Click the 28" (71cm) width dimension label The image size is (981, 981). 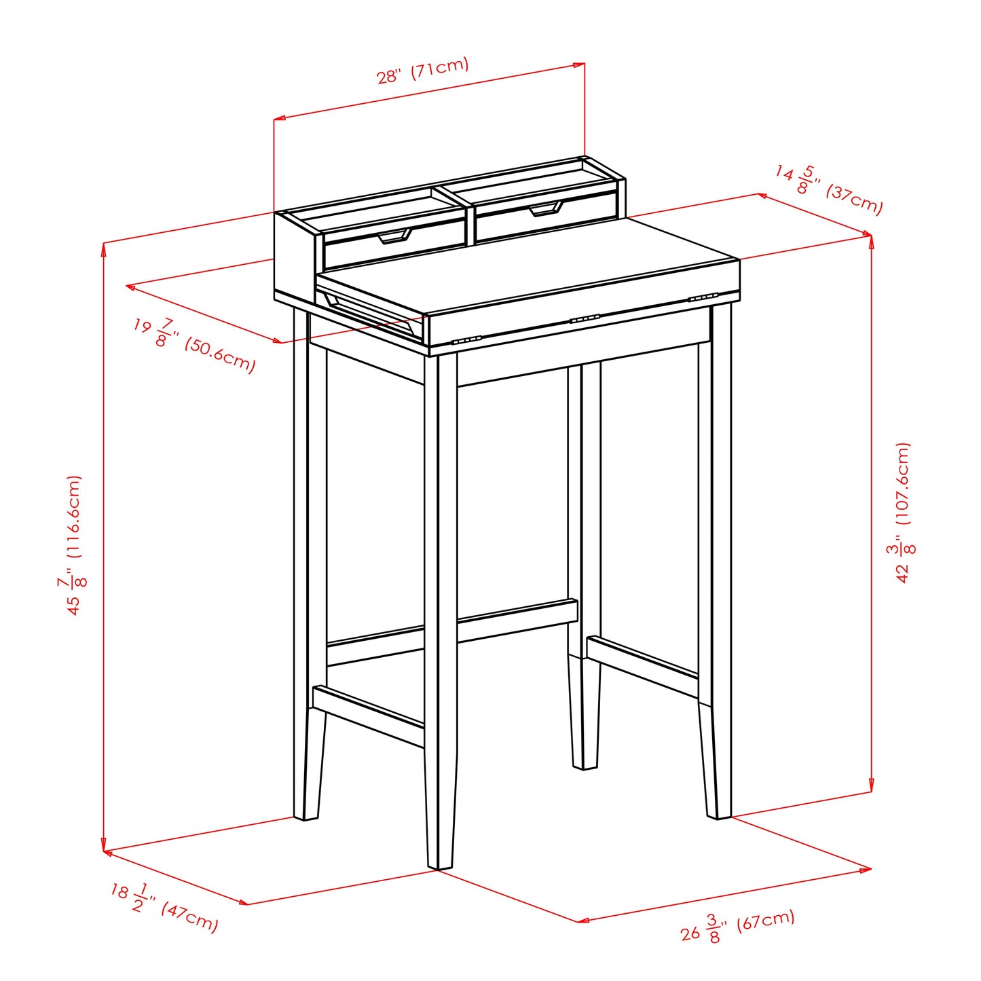423,71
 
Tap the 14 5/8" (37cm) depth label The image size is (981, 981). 829,189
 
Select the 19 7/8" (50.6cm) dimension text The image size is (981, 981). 194,346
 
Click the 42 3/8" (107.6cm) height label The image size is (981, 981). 903,513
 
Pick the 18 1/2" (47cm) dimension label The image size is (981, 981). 165,907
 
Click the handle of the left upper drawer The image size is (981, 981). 394,236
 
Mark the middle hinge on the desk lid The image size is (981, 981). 585,318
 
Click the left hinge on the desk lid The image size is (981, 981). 466,340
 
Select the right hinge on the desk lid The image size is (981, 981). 703,297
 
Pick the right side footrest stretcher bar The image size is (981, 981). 643,665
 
